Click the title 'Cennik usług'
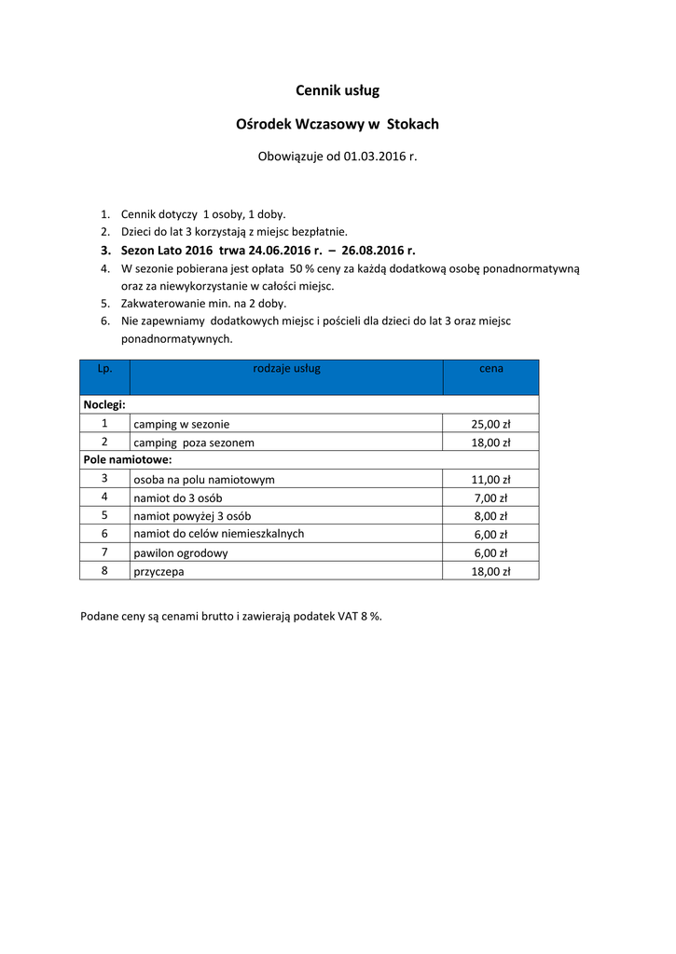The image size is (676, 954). point(338,90)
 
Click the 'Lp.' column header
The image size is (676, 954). point(104,369)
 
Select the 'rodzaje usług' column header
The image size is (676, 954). point(286,369)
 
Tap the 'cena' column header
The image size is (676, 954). point(490,369)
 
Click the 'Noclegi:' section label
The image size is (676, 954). point(104,405)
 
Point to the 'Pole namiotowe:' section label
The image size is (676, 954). point(127,460)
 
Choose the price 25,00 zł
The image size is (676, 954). point(490,425)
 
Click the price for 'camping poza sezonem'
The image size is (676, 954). point(490,443)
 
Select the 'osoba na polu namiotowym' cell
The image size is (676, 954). point(203,480)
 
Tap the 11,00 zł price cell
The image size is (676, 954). point(490,480)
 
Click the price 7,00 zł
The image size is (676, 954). point(490,498)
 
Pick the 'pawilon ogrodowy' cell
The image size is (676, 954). point(181,553)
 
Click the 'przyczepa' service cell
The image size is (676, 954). point(159,572)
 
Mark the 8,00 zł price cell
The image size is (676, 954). point(490,516)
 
